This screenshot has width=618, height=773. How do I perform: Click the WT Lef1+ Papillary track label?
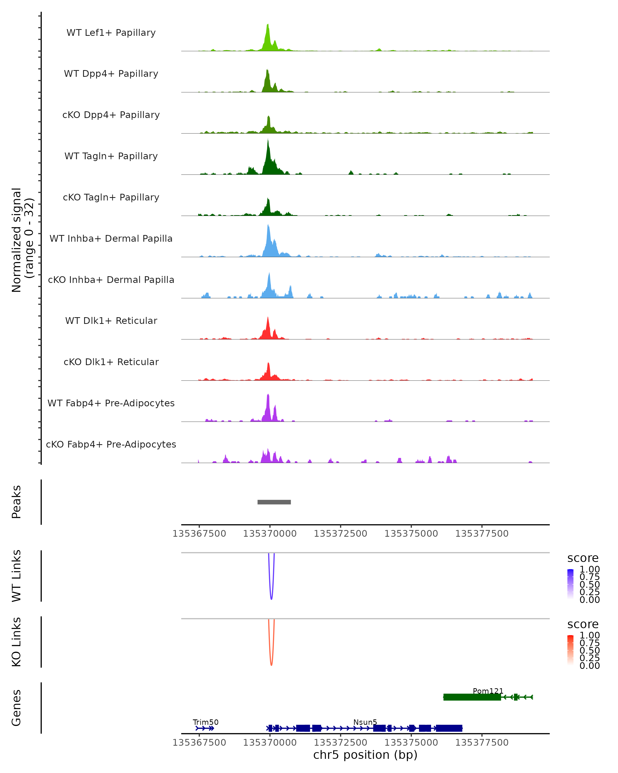click(x=111, y=33)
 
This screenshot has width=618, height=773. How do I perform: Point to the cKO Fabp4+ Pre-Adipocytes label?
click(x=111, y=444)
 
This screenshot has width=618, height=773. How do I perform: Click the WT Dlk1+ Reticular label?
click(x=111, y=321)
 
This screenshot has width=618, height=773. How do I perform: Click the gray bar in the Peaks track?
click(x=274, y=502)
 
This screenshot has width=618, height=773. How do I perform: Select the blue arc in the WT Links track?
click(x=271, y=597)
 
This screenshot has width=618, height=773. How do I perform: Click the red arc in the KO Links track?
click(x=271, y=663)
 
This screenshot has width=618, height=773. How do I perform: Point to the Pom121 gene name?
click(x=488, y=691)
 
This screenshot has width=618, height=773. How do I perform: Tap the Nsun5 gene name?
click(x=365, y=722)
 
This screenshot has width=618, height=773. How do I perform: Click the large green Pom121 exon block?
click(x=472, y=697)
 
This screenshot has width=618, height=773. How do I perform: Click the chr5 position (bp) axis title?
click(x=365, y=755)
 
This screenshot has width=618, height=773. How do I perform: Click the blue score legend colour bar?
click(x=570, y=584)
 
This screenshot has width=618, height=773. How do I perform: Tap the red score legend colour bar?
click(x=570, y=650)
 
